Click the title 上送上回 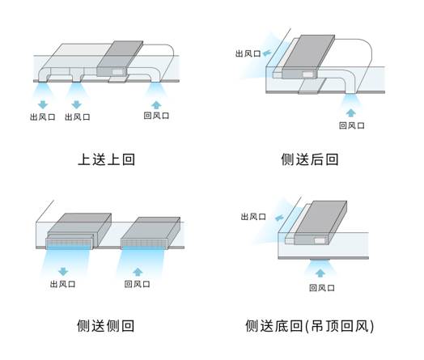(106, 159)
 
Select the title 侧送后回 (310, 159)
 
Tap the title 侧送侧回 (106, 326)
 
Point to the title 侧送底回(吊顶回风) (310, 326)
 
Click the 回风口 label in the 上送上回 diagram (156, 116)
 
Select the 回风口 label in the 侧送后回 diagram (351, 125)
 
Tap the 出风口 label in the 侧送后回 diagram (248, 53)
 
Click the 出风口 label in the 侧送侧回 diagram (63, 284)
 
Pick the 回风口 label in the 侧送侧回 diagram (137, 284)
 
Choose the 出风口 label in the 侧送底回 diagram (253, 217)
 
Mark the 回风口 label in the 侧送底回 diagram (322, 288)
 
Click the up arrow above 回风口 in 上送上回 (156, 105)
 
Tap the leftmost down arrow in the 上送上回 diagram (43, 104)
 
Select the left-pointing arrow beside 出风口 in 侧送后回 (267, 53)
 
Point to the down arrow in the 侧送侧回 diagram (63, 272)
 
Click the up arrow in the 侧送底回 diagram (320, 273)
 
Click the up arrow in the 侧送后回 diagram (350, 112)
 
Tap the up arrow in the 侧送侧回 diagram (138, 272)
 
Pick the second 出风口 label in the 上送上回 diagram (78, 117)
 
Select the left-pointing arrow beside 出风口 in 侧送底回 (279, 218)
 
